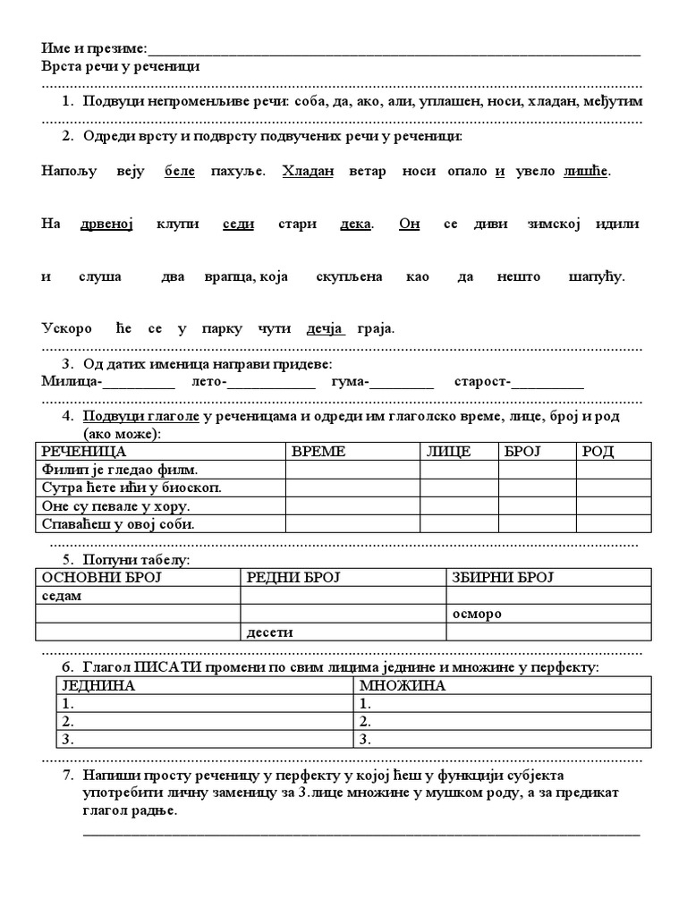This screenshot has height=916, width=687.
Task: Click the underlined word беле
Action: pos(180,171)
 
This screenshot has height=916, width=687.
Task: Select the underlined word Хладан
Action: pos(308,171)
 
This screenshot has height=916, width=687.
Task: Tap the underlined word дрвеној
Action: pos(112,224)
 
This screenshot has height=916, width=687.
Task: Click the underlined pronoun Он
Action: pos(409,224)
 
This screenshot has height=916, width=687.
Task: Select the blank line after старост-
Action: pos(547,385)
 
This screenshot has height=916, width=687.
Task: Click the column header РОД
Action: pos(598,452)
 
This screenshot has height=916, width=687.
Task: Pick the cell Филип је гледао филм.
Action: pos(120,470)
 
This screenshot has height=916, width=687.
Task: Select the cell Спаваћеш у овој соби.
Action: pos(117,524)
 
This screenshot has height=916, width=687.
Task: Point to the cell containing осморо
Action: pos(477,615)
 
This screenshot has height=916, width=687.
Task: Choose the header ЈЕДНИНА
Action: pos(97,686)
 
